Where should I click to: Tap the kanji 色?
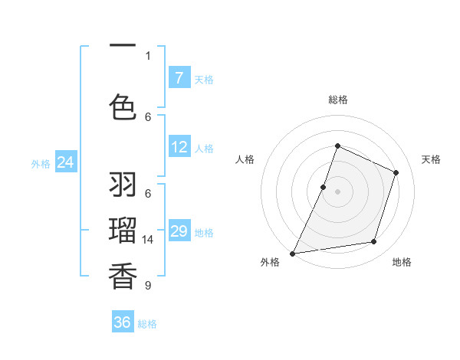(123, 106)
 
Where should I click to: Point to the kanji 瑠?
(123, 229)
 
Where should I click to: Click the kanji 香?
(123, 275)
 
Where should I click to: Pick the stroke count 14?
(149, 240)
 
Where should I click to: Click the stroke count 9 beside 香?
(148, 286)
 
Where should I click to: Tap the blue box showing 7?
(179, 77)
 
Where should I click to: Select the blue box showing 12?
(179, 147)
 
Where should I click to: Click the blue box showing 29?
(179, 231)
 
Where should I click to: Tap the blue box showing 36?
(123, 322)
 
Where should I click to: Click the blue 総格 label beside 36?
(148, 324)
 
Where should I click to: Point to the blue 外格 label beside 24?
(41, 163)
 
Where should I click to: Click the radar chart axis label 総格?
(337, 100)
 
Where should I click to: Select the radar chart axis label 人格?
(245, 159)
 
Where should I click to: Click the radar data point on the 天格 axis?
(396, 172)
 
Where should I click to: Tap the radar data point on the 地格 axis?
(374, 242)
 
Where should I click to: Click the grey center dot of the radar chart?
(337, 191)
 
